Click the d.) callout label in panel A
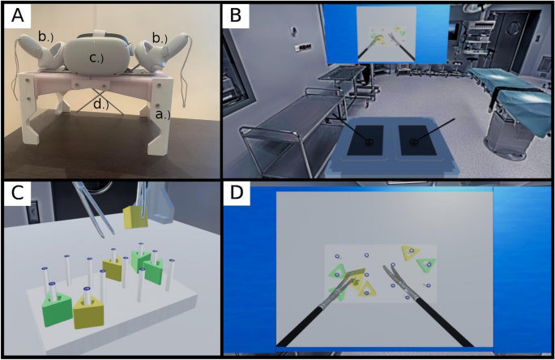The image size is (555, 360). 101,104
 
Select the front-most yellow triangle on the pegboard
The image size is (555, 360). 90,312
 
